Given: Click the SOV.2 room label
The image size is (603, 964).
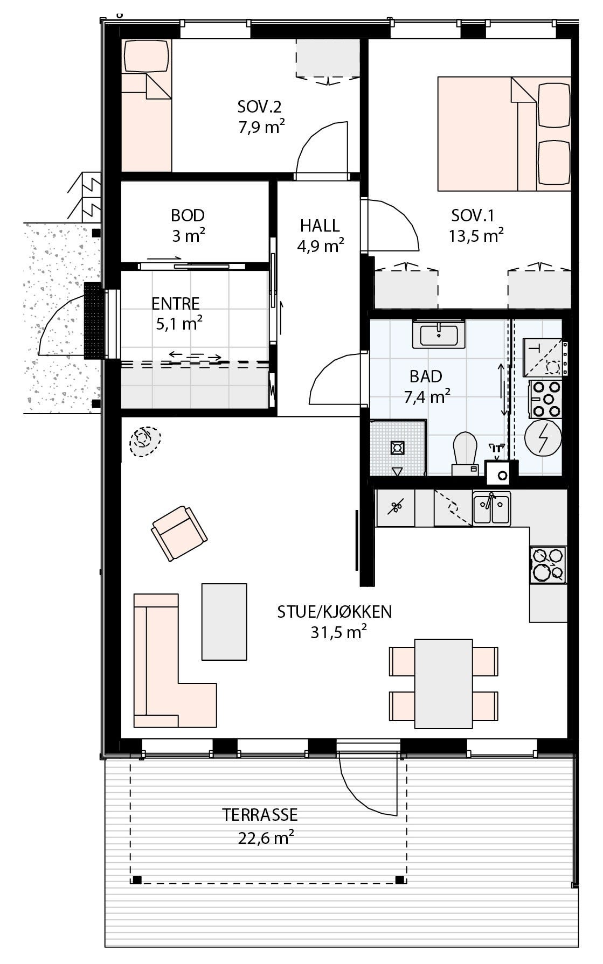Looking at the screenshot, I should [259, 107].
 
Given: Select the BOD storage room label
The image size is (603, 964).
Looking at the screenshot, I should [188, 215].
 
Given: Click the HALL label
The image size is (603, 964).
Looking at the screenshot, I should [320, 225].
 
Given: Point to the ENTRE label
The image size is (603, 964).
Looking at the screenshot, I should [176, 304].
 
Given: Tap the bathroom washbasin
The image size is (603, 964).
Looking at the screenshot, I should [439, 336].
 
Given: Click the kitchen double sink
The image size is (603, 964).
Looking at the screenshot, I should [491, 509].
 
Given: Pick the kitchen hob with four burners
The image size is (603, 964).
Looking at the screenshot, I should [548, 565].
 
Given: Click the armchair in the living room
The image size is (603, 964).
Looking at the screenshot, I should [179, 533].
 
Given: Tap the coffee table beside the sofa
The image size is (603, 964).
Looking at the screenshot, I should [224, 621].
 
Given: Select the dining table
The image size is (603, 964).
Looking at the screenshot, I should [443, 683].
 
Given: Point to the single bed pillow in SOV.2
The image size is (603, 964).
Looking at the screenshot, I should [146, 56].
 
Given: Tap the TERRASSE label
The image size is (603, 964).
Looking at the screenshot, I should [260, 814].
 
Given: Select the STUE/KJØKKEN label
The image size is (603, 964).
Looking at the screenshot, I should [334, 612].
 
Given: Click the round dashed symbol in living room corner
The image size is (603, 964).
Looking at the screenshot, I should [144, 442].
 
